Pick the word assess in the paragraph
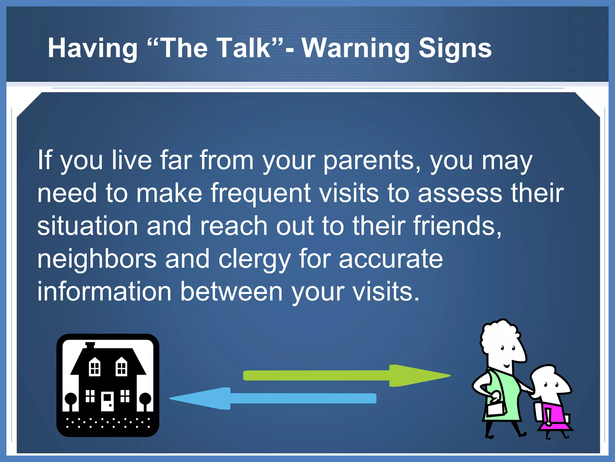click(460, 193)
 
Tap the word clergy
click(254, 259)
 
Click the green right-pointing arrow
click(345, 376)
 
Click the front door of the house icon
click(107, 401)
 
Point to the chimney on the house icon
click(90, 345)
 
